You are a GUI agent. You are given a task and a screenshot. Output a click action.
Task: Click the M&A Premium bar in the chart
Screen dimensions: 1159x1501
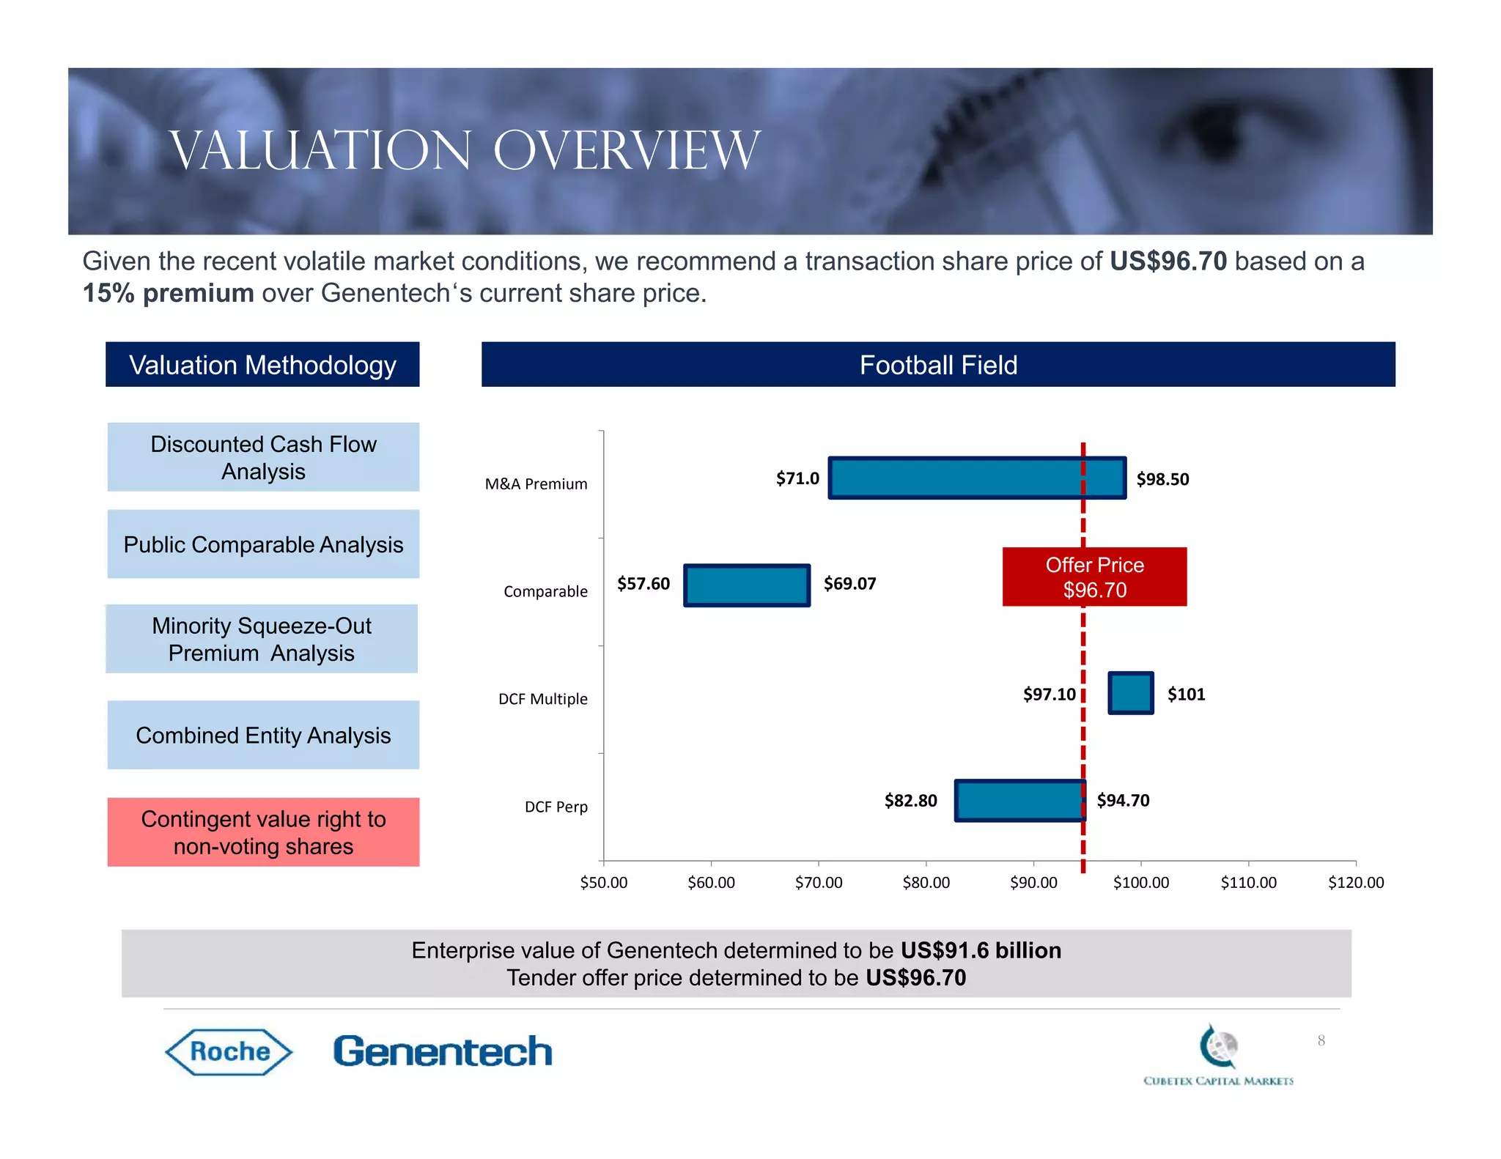976,478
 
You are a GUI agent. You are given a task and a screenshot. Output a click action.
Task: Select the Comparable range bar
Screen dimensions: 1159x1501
746,585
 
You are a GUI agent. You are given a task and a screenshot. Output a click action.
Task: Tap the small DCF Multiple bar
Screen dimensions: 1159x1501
1130,692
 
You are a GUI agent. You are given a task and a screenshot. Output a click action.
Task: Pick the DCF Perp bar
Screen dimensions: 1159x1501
1019,800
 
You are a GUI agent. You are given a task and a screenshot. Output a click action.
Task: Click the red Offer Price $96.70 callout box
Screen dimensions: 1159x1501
1094,577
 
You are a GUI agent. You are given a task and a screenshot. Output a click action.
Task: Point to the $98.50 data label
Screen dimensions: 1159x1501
1162,479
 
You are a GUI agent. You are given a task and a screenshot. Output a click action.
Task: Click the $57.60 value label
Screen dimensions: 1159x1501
643,584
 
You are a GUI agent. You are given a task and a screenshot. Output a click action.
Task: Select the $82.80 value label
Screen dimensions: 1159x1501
910,801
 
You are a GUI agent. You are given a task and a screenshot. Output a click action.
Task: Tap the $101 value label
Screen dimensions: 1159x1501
1186,695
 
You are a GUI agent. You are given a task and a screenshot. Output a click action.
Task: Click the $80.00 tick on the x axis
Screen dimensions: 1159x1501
926,882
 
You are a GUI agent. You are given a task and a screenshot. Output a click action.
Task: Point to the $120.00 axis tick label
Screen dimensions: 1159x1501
1355,882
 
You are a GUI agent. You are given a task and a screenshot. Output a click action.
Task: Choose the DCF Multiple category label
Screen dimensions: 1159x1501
542,699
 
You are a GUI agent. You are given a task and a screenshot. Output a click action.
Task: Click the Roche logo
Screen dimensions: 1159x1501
229,1052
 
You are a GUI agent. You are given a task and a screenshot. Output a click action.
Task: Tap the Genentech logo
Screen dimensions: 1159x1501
442,1051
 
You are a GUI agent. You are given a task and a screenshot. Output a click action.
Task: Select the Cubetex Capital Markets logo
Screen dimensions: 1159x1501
1218,1055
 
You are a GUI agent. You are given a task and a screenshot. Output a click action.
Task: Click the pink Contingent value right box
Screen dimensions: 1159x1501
263,832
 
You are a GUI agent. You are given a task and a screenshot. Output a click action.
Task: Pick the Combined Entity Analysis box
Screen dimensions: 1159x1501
263,735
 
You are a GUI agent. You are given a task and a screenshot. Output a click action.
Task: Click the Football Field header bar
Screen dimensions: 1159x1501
937,365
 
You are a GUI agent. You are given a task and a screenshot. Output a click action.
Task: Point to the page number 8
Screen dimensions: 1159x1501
1321,1040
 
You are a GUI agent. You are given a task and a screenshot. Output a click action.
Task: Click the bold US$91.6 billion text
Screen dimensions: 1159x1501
980,950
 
